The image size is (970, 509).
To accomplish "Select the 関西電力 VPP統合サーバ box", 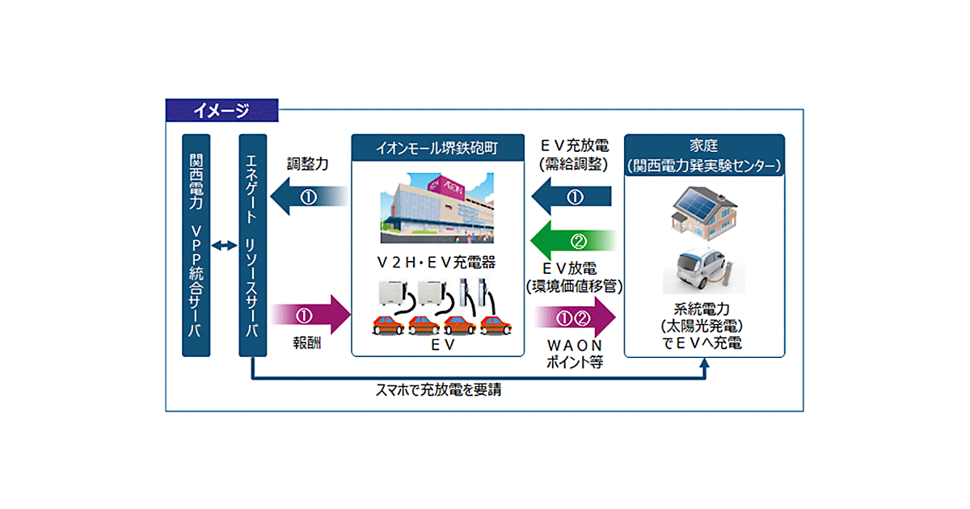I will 196,245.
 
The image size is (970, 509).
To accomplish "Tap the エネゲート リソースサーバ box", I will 253,245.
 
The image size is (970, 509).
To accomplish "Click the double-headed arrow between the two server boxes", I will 224,245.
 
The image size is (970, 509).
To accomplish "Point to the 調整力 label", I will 307,164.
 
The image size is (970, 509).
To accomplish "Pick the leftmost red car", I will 388,326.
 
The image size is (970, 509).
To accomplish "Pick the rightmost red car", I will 496,326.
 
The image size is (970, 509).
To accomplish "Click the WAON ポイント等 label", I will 575,354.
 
